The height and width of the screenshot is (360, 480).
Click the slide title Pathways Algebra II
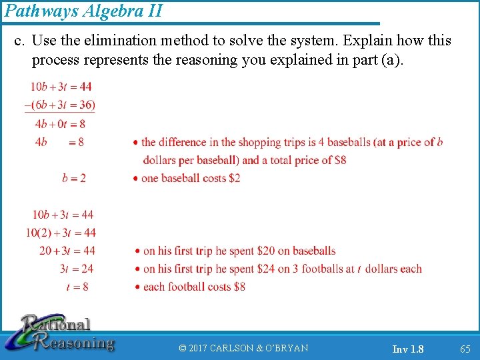[x=83, y=11]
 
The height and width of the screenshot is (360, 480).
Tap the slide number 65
[x=465, y=349]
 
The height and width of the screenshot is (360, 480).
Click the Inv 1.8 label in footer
[x=407, y=349]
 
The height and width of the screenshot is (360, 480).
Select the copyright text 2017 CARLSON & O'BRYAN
[x=244, y=349]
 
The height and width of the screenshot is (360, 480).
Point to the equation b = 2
[x=74, y=178]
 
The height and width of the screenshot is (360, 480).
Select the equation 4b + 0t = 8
[x=60, y=123]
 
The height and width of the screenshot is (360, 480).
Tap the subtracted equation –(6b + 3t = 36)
[x=60, y=105]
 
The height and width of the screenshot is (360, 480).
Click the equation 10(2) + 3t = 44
[x=61, y=233]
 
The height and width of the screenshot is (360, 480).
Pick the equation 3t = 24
[x=77, y=269]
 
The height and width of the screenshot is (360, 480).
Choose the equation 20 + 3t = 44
[x=67, y=251]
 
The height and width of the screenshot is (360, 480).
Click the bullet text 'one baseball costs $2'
[x=191, y=178]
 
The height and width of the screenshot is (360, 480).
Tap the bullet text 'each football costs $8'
[x=194, y=287]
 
